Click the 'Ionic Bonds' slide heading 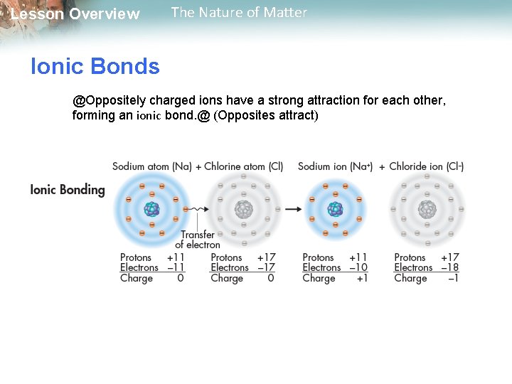95,67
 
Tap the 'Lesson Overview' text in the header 75,14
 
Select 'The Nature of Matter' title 239,13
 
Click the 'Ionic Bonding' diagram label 68,190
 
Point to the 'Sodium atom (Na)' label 151,166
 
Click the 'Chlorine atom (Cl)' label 243,166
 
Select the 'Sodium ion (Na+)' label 335,166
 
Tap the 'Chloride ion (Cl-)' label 426,166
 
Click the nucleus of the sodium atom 151,209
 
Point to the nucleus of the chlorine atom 244,209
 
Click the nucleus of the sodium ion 335,209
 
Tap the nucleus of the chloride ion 427,209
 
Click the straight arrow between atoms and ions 292,209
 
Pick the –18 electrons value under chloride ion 449,268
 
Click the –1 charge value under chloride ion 452,279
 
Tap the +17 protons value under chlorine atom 266,257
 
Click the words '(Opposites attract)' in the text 266,115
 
